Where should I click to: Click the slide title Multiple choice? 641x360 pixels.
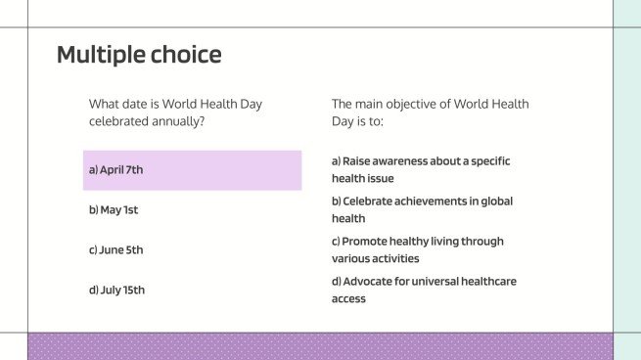tap(139, 55)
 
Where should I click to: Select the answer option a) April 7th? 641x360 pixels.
tap(116, 170)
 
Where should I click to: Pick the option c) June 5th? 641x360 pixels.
tap(116, 250)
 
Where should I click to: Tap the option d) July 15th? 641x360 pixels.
tap(116, 290)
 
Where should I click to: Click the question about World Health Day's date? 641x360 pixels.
tap(175, 112)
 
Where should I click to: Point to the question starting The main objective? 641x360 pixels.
tap(430, 112)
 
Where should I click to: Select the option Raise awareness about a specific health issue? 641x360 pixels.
tap(421, 169)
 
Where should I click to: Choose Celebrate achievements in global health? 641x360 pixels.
tap(422, 209)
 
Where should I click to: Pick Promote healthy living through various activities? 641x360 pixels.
tap(418, 249)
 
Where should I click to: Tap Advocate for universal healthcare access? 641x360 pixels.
tap(424, 290)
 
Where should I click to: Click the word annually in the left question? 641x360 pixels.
tap(183, 121)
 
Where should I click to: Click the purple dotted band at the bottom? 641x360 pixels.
tap(320, 346)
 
